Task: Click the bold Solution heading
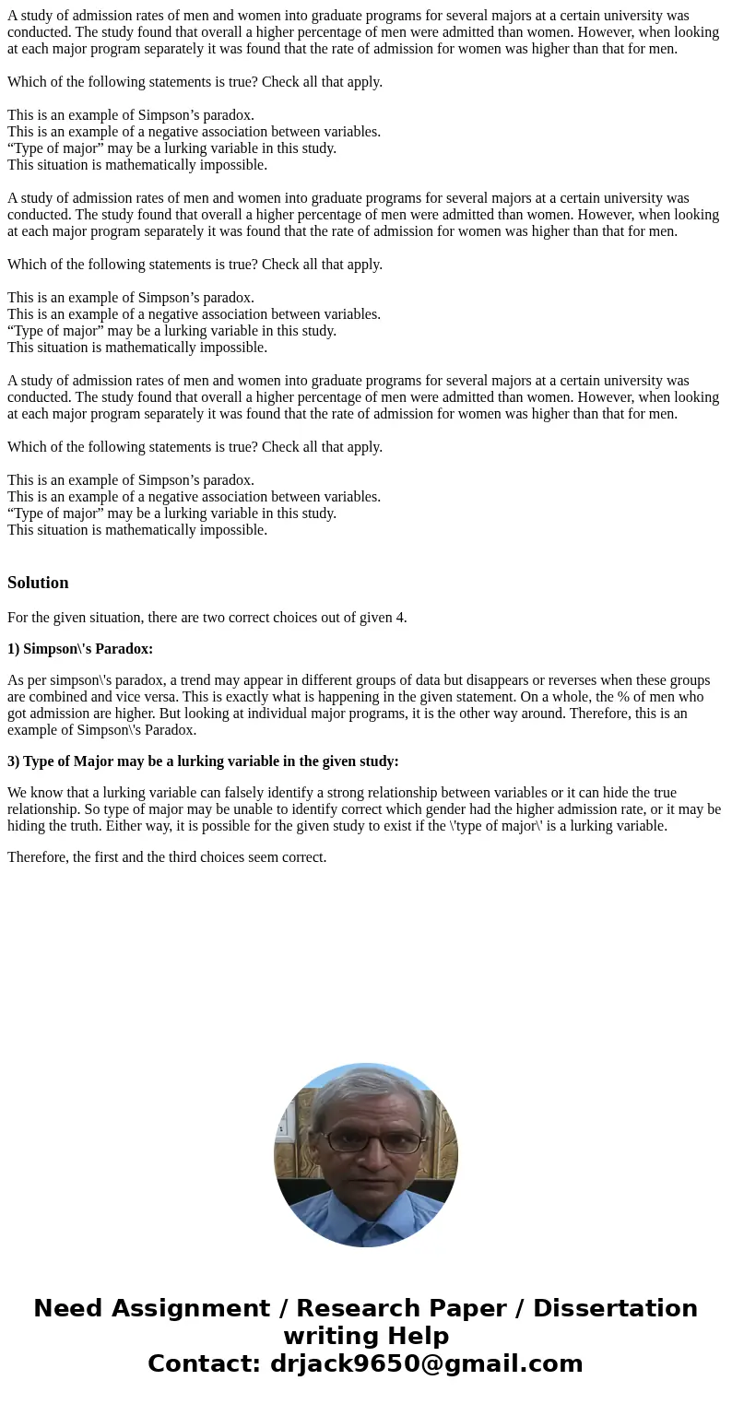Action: click(38, 583)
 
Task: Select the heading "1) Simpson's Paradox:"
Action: click(80, 649)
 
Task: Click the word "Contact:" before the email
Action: click(204, 1363)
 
